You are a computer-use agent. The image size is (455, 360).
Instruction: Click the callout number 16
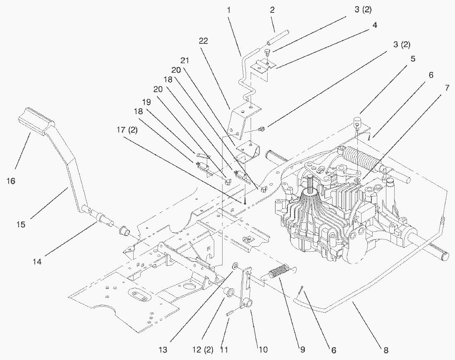point(11,181)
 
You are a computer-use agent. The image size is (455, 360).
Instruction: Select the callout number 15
point(21,224)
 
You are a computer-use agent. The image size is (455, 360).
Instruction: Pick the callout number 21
point(185,60)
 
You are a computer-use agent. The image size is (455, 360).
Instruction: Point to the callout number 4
point(374,26)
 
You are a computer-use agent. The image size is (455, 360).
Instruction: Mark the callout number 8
point(386,350)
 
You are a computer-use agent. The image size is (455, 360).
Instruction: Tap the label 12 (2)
point(203,350)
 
